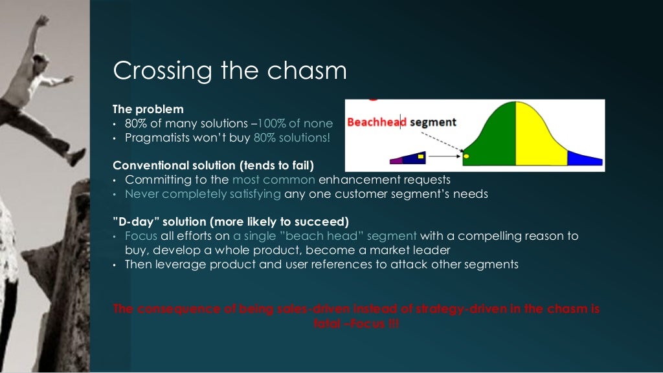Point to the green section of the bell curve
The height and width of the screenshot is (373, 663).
coord(495,139)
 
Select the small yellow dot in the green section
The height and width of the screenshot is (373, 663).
coord(466,156)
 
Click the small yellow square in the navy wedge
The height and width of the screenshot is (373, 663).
coord(421,156)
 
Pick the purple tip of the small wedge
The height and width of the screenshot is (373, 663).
coord(397,160)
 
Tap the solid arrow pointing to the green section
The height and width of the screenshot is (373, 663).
coord(444,156)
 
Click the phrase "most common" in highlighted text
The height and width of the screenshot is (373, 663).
coord(273,179)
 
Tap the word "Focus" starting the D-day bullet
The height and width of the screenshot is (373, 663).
coord(141,236)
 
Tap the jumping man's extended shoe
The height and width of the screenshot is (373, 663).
coord(76,157)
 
